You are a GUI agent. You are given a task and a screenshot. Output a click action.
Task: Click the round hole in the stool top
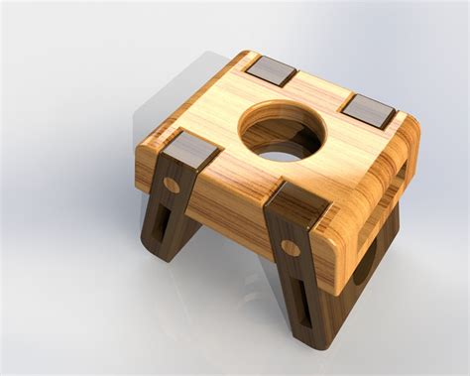tap(282, 133)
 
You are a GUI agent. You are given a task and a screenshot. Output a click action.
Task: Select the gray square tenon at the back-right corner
tap(368, 109)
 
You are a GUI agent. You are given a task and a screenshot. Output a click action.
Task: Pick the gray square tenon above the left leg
tap(190, 152)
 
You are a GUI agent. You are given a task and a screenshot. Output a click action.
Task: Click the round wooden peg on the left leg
tap(172, 185)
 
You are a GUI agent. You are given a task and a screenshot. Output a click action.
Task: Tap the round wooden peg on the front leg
tap(290, 248)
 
